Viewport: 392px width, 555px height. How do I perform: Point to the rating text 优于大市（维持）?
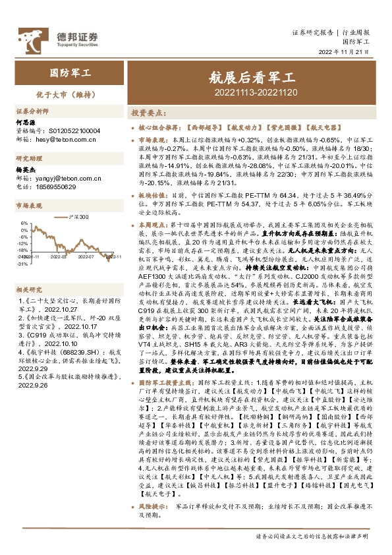click(x=55, y=94)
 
